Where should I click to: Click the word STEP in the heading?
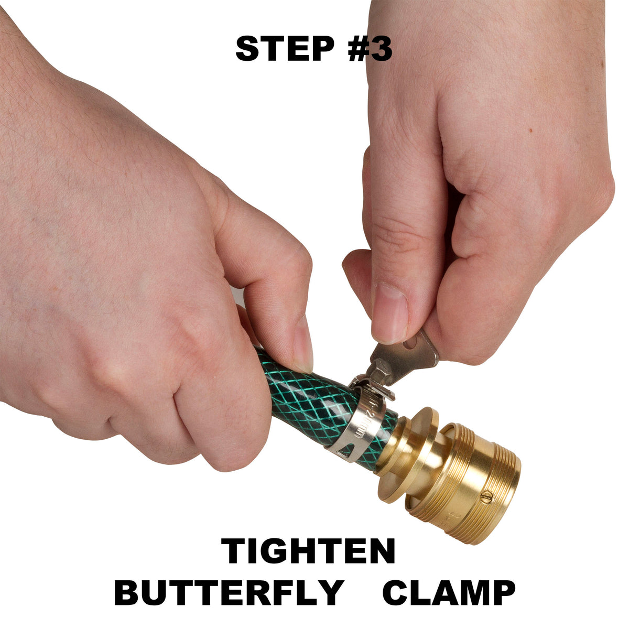[285, 49]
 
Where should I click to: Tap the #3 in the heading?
[370, 49]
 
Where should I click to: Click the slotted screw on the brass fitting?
[486, 497]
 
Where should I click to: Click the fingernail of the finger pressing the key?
[389, 312]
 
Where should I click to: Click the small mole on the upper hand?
[532, 131]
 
